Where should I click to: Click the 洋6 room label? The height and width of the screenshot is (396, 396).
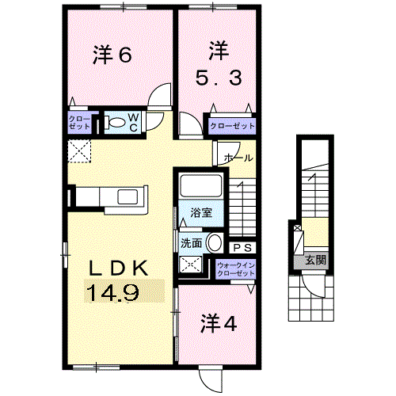click(112, 55)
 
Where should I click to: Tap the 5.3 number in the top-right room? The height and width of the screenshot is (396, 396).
click(219, 78)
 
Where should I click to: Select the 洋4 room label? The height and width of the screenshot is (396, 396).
click(219, 323)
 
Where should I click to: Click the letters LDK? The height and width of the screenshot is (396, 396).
click(118, 268)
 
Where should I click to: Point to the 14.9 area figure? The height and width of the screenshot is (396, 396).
click(112, 294)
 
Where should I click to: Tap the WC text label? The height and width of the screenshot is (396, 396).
click(133, 123)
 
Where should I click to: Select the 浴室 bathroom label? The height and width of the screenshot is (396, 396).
click(201, 212)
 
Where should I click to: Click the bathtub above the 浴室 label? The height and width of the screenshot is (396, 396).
click(201, 185)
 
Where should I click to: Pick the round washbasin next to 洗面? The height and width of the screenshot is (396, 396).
click(215, 243)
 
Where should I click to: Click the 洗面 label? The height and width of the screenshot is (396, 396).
click(192, 243)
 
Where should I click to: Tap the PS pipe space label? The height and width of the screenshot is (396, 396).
click(243, 248)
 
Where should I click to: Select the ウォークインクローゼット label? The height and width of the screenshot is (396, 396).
click(236, 269)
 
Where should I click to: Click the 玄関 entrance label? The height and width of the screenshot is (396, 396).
click(315, 261)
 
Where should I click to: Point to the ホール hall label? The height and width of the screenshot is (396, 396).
click(238, 158)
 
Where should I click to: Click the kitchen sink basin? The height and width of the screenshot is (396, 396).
click(128, 197)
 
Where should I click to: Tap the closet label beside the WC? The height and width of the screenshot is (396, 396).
click(79, 123)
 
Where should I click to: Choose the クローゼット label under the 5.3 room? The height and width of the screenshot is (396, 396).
click(232, 126)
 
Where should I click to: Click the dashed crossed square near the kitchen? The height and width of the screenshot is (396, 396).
click(79, 150)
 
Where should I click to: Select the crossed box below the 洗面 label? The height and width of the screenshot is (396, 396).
click(191, 264)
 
